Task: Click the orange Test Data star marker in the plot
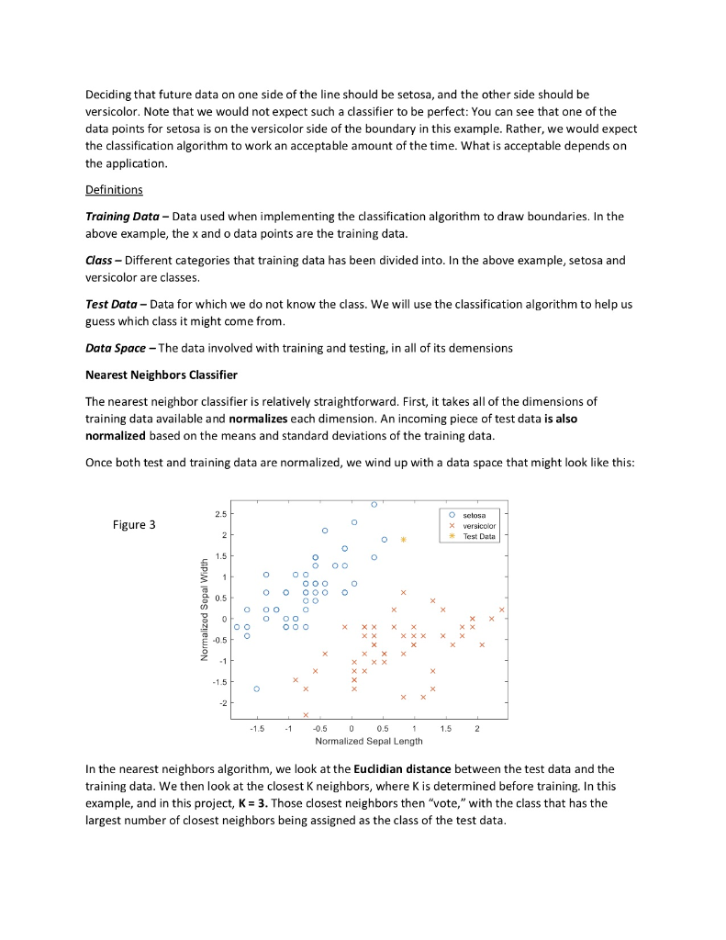[403, 540]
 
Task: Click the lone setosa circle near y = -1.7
[257, 688]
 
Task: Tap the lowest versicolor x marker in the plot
[306, 714]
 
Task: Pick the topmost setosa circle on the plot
[374, 505]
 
